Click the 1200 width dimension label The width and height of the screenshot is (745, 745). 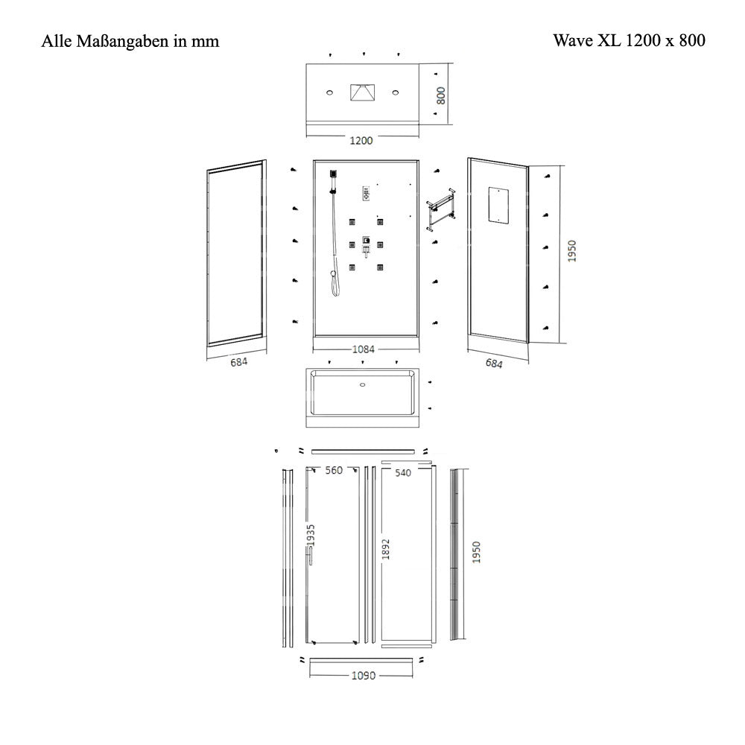(361, 141)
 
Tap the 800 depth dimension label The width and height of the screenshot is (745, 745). (441, 95)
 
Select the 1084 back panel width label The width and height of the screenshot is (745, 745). (364, 349)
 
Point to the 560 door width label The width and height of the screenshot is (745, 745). (334, 470)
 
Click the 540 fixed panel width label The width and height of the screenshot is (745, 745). (403, 473)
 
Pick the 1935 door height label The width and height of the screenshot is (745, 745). (311, 536)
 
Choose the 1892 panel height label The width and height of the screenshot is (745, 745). (386, 549)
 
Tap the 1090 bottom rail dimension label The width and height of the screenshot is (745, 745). (364, 676)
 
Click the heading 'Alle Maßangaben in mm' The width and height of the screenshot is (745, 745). (130, 41)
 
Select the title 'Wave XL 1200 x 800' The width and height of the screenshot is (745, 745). (629, 40)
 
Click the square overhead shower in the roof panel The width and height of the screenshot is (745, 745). (363, 92)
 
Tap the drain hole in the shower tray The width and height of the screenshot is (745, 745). (363, 385)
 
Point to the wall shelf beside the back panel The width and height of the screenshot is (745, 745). (441, 209)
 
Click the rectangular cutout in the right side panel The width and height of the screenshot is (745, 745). (499, 205)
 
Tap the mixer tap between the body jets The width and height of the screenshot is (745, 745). (366, 247)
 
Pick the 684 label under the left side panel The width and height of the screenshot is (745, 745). (238, 362)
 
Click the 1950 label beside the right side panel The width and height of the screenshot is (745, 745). (571, 251)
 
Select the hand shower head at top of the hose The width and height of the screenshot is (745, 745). (333, 174)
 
